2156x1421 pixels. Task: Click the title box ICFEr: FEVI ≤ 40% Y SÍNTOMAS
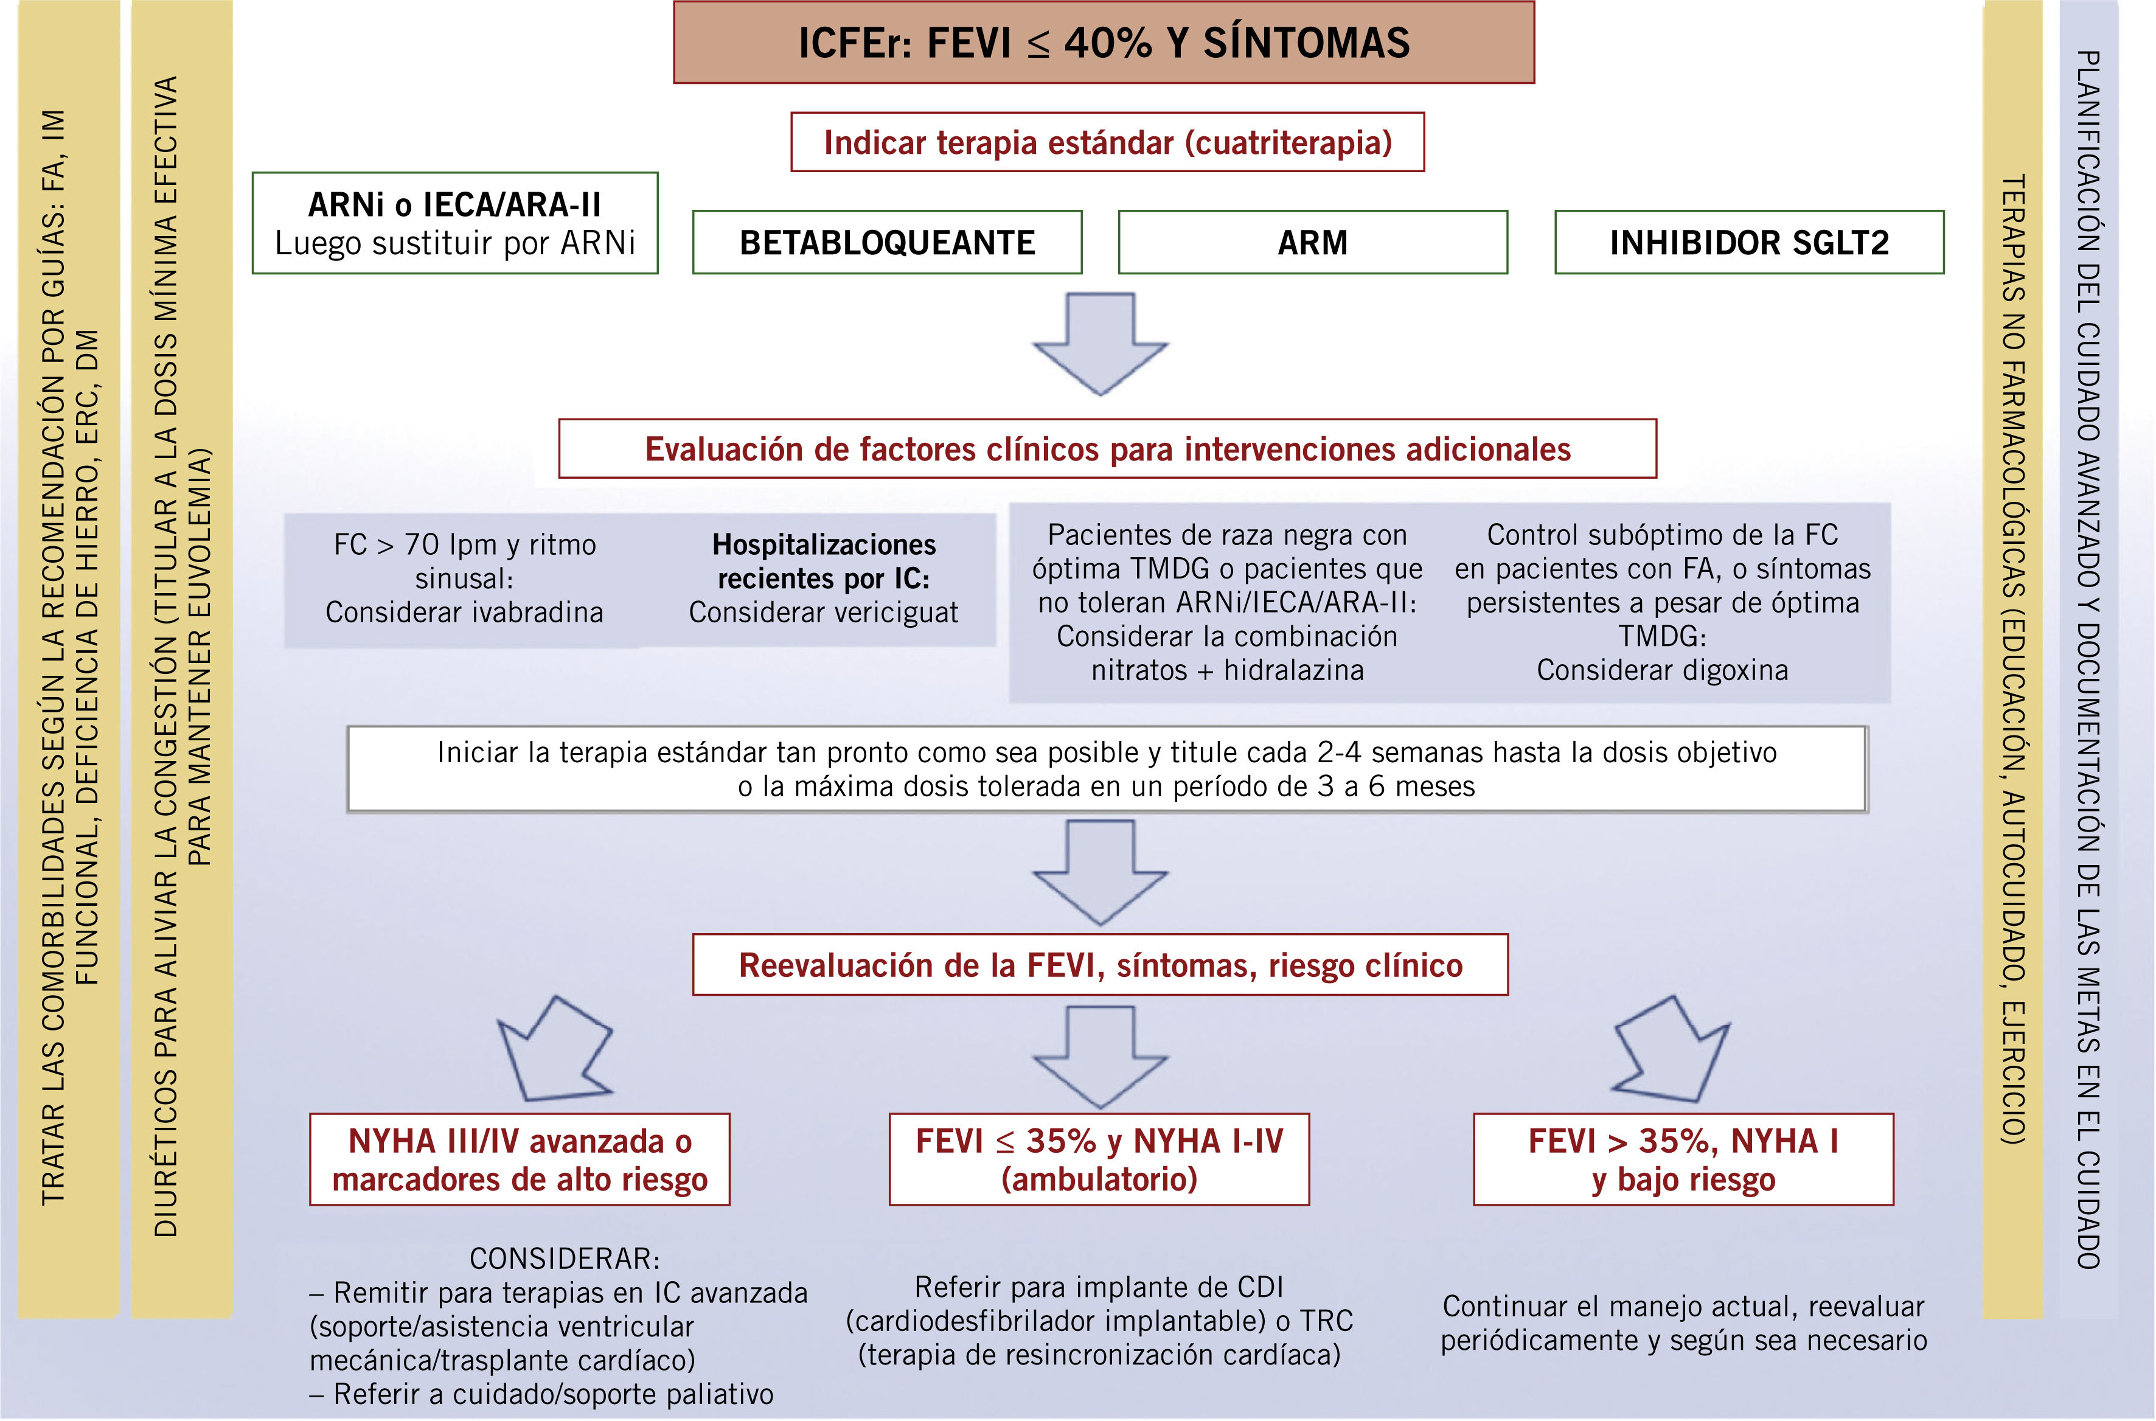[1103, 43]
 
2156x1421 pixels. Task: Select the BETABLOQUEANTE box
[886, 242]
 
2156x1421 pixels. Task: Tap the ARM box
[1312, 242]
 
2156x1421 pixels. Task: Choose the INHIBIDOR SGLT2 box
[1748, 242]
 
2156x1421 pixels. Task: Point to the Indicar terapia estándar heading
[1107, 142]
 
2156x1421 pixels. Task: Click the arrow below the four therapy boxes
[1100, 344]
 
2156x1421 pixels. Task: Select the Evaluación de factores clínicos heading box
[1107, 448]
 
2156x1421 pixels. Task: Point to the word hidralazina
[1293, 670]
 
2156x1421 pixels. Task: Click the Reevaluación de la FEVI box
[1099, 965]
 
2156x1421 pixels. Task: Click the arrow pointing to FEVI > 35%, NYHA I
[1672, 1049]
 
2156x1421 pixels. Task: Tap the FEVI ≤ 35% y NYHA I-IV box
[1099, 1159]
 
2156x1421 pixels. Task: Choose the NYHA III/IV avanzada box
[520, 1159]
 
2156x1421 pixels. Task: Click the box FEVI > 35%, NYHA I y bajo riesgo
[1683, 1159]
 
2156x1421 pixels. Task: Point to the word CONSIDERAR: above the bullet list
[565, 1259]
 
